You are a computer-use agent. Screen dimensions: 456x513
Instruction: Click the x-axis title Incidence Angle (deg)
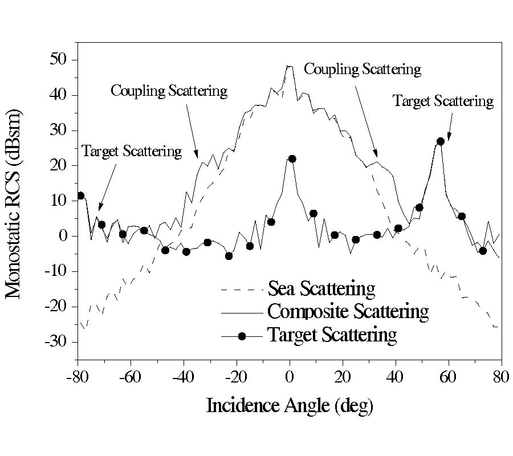click(x=290, y=405)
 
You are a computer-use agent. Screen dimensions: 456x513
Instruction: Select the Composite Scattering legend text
click(x=348, y=312)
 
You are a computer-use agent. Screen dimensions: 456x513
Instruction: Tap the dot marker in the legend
click(x=242, y=336)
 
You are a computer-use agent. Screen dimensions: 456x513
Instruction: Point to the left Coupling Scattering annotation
click(x=169, y=91)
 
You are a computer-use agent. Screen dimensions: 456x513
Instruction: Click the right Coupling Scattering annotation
click(x=363, y=70)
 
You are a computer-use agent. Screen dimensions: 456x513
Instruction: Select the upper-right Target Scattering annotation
click(x=443, y=101)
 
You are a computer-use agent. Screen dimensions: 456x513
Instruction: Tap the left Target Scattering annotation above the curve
click(x=132, y=152)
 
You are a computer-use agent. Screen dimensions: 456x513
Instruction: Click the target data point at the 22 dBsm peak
click(x=292, y=158)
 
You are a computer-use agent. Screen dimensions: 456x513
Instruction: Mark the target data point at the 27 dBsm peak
click(x=440, y=141)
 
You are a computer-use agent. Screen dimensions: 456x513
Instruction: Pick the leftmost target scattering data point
click(x=80, y=196)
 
